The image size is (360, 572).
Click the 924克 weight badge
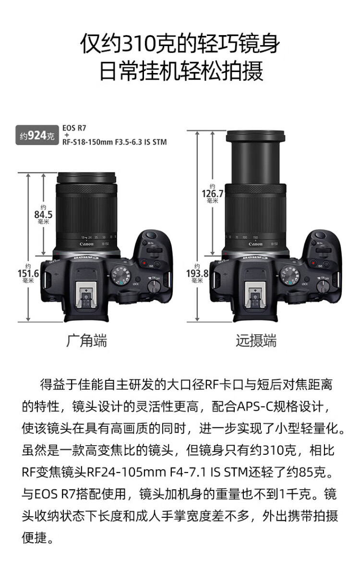(x=37, y=135)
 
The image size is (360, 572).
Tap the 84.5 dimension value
(x=43, y=215)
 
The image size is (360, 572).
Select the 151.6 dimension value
(x=28, y=273)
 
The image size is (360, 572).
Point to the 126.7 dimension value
(x=213, y=194)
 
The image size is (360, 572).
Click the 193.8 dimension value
(x=197, y=273)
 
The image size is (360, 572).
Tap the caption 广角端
(x=87, y=341)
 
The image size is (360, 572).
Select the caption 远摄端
(x=256, y=341)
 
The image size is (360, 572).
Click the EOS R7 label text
(x=74, y=128)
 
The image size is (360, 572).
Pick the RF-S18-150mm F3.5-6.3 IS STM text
(x=114, y=142)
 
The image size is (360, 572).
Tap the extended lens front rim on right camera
(x=255, y=136)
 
